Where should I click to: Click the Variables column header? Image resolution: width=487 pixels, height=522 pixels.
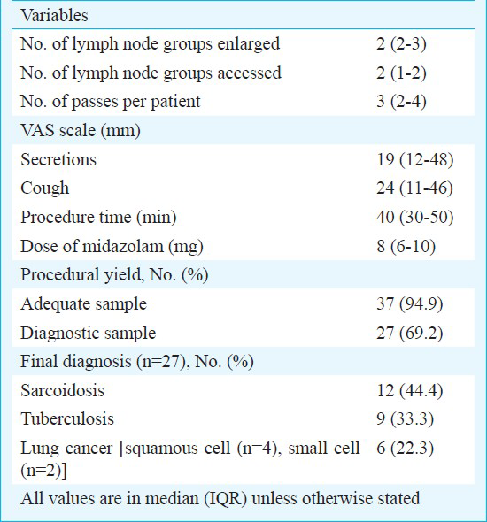[x=54, y=15]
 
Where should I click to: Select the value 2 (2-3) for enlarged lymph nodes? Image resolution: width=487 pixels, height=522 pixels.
[x=401, y=44]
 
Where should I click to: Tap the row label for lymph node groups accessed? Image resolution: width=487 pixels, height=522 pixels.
[x=151, y=73]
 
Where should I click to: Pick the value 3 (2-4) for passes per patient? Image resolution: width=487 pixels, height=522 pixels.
[x=401, y=102]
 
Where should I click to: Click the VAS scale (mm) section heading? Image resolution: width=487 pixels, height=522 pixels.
[x=81, y=130]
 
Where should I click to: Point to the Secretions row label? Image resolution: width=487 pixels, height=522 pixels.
[x=58, y=159]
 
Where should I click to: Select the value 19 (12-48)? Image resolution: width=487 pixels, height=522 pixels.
[x=415, y=159]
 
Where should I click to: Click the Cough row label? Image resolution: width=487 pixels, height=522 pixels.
[x=45, y=188]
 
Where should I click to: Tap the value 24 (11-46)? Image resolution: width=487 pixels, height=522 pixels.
[x=414, y=188]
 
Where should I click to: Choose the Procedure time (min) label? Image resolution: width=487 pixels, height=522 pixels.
[x=98, y=218]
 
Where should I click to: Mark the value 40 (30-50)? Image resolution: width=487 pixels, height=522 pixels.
[x=415, y=217]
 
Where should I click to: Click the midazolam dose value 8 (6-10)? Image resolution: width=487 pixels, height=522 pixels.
[x=406, y=246]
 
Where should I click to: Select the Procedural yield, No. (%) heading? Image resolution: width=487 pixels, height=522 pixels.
[x=114, y=275]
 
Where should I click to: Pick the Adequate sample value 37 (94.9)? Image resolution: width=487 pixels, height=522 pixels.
[x=410, y=304]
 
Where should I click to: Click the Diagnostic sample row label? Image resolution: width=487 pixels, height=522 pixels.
[x=88, y=333]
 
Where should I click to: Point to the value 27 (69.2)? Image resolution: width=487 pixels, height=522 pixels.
[x=410, y=333]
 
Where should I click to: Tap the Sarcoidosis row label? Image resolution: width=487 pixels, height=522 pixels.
[x=62, y=390]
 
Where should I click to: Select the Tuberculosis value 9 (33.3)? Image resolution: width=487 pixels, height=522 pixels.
[x=405, y=419]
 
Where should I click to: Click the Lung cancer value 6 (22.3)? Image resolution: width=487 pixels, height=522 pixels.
[x=405, y=448]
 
